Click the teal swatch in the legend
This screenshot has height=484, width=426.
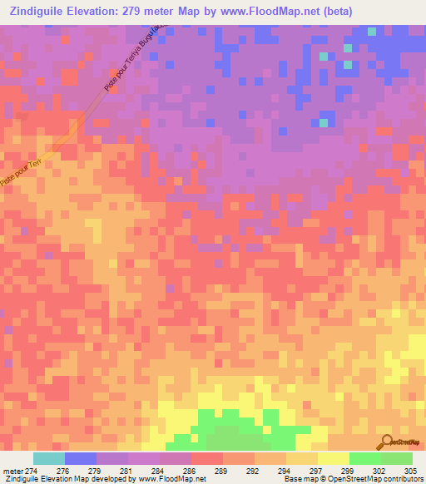pos(49,458)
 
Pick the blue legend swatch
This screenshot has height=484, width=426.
pos(81,458)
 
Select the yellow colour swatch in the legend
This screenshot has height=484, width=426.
pos(334,458)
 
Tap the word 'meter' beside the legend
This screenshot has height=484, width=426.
pos(11,470)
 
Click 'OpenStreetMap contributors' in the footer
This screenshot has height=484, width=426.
pos(374,479)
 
